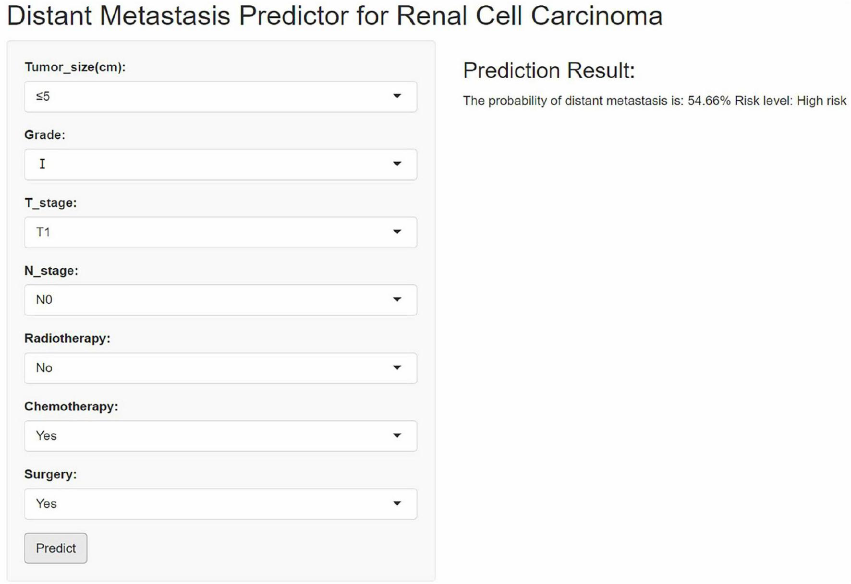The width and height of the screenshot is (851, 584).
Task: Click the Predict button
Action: tap(56, 548)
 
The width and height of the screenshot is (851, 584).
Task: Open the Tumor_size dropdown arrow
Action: tap(397, 96)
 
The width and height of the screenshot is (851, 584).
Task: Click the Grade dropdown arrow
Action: tap(397, 164)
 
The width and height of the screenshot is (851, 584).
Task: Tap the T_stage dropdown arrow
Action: tap(397, 232)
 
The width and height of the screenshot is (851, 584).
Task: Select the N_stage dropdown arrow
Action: tap(397, 299)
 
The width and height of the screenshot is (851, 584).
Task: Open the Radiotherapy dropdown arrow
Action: tap(397, 368)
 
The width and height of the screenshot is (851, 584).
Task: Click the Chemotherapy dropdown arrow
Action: tap(397, 436)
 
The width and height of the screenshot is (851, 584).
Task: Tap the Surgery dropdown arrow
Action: tap(397, 503)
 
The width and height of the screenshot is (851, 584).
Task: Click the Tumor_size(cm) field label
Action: tap(75, 67)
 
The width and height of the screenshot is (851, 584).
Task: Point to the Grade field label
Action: tap(45, 135)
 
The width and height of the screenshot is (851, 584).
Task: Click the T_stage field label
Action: tap(50, 203)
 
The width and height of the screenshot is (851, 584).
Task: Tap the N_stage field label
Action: tap(51, 271)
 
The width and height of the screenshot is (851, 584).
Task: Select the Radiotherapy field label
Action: tap(67, 338)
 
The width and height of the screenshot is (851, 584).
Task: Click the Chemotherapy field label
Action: tap(71, 406)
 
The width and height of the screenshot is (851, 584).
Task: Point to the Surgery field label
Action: tap(50, 474)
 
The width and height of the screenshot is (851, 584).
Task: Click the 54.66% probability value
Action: tap(709, 101)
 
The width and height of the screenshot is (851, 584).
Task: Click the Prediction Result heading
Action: tap(549, 71)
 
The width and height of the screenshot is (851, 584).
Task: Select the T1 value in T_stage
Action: tap(43, 232)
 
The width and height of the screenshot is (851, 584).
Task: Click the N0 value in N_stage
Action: tap(44, 300)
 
